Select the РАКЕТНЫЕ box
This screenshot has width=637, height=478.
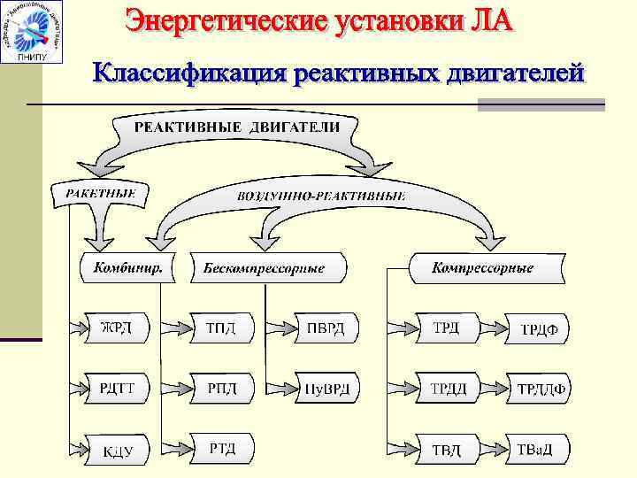101,192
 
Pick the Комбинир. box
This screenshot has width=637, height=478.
127,266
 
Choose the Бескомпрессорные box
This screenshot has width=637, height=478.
264,267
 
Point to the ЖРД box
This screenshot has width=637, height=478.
117,328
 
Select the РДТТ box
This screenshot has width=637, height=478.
117,387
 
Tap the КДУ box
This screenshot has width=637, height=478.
117,451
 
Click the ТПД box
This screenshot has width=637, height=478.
221,328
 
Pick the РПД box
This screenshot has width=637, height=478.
221,387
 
